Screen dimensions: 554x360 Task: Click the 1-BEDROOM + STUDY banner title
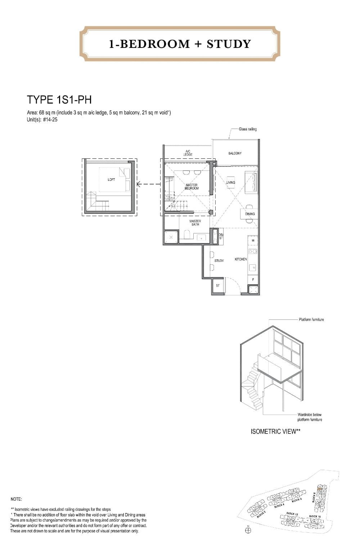point(180,44)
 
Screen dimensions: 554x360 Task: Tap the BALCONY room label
point(235,153)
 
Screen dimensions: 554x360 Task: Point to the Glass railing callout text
point(248,129)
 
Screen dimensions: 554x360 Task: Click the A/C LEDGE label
point(188,153)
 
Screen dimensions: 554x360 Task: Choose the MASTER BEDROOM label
point(192,187)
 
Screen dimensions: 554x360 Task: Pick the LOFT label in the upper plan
point(111,179)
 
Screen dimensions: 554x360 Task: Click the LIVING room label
point(231,182)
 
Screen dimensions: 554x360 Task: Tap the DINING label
point(250,214)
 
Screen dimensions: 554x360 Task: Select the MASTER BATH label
point(195,223)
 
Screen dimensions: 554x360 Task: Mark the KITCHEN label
point(240,259)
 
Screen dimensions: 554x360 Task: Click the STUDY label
point(219,260)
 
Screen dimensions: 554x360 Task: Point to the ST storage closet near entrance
point(217,286)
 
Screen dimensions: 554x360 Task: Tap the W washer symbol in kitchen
point(253,240)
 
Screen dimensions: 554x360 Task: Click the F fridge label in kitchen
point(253,280)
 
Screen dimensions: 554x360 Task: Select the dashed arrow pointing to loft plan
point(148,184)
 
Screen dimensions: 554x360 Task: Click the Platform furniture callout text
point(311,320)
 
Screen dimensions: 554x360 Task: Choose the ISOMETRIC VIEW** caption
point(275,431)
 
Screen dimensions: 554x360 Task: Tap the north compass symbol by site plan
point(248,530)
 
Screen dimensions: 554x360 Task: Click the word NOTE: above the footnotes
point(17,499)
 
